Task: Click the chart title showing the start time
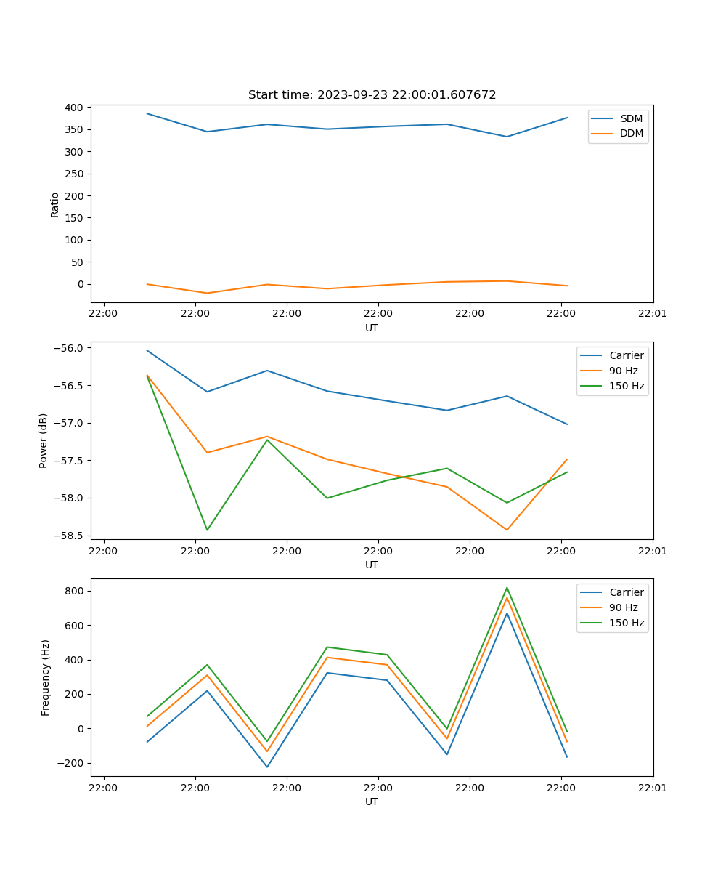click(372, 95)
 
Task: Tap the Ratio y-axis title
click(55, 204)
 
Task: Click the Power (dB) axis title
click(44, 440)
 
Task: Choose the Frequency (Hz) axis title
click(46, 677)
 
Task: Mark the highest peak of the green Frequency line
click(507, 588)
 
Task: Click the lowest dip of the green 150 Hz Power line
click(207, 530)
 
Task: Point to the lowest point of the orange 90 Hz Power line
click(507, 530)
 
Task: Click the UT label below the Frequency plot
click(372, 802)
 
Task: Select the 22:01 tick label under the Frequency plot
click(653, 787)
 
